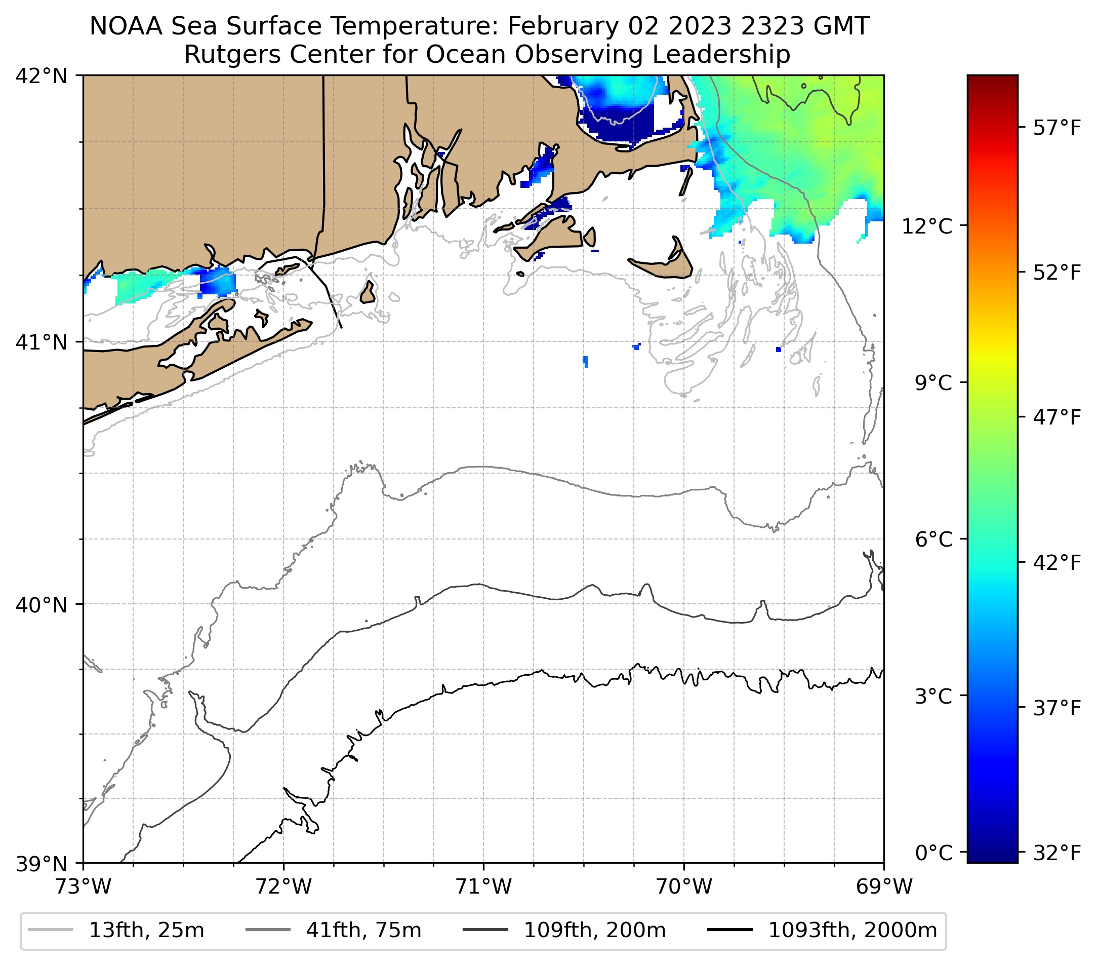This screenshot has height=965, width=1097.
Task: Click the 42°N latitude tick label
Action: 42,76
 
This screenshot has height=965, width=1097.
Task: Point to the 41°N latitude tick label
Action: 42,342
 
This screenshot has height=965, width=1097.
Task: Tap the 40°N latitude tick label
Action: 42,605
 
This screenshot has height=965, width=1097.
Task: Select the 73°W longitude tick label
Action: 83,886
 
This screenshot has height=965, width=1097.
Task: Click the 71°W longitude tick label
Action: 483,886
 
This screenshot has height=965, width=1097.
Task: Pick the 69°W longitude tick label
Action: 884,886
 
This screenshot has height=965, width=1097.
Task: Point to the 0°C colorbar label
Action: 933,852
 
